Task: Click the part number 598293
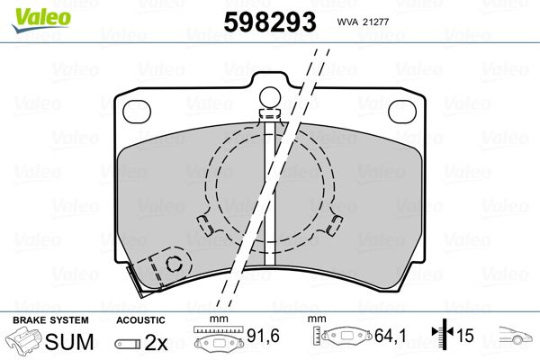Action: [270, 22]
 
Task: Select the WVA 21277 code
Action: [363, 22]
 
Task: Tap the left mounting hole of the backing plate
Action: [137, 112]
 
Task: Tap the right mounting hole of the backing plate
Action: [402, 112]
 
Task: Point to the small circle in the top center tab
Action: [270, 96]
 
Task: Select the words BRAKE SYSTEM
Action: [50, 320]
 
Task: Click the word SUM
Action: [69, 341]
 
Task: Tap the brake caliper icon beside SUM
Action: [23, 340]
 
